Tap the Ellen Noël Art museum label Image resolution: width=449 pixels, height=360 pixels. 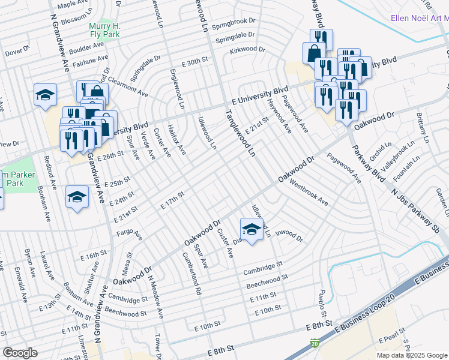point(419,18)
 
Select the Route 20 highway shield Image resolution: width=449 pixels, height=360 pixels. point(314,343)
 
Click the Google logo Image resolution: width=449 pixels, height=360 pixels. point(19,353)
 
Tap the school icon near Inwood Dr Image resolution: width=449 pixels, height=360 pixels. point(252,230)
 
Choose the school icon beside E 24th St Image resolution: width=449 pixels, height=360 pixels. point(77,198)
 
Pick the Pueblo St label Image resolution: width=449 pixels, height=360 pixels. point(322,304)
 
